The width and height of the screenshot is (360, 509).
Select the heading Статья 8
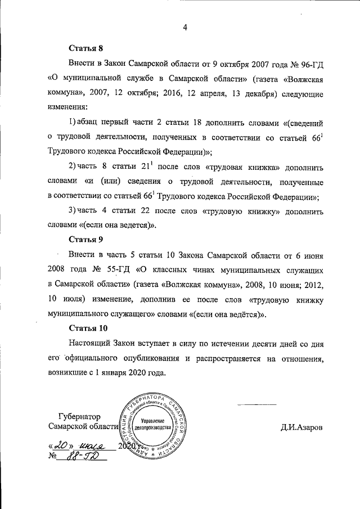coord(86,49)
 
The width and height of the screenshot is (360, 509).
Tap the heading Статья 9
coord(86,238)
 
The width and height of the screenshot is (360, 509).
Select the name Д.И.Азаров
coord(302,427)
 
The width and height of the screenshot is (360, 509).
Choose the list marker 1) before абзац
coord(73,122)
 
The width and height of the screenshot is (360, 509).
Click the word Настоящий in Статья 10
coord(91,343)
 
